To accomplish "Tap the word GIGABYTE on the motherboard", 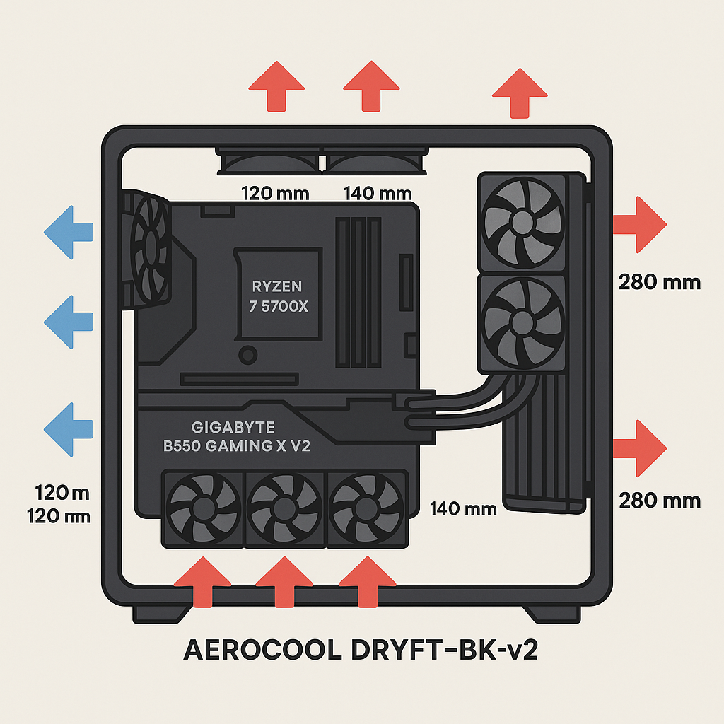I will [x=233, y=428].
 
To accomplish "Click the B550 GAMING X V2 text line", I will [x=233, y=446].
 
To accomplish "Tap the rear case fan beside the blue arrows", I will [x=148, y=251].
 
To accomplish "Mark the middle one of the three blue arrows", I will [x=69, y=322].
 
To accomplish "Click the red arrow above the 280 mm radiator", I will [x=520, y=93].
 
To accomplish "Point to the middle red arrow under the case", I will [x=284, y=580].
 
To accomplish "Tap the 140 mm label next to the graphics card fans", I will [x=463, y=508].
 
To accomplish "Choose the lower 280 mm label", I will [x=659, y=501].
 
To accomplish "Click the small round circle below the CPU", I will [x=247, y=354].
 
